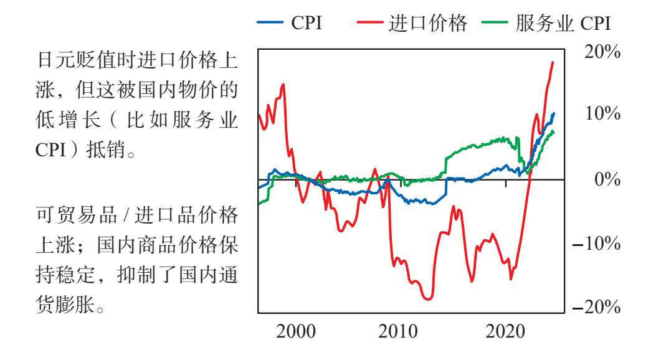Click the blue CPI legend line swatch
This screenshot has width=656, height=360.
click(270, 22)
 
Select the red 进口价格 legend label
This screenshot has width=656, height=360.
click(427, 22)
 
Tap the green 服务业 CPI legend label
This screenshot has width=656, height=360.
click(563, 23)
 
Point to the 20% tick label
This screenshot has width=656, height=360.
click(602, 52)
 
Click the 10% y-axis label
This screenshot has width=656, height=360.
click(602, 113)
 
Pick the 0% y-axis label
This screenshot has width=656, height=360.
click(607, 179)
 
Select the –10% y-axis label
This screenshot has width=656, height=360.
click(597, 244)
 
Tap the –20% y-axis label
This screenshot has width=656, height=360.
click(597, 307)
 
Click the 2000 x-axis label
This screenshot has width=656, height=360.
click(296, 331)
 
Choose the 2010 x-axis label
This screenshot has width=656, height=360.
click(398, 331)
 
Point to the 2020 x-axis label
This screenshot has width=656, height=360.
click(505, 331)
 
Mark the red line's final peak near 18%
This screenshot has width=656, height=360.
click(553, 62)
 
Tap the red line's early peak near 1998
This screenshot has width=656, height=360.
click(283, 85)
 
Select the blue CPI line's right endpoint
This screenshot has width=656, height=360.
click(554, 113)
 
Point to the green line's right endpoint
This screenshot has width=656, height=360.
click(553, 132)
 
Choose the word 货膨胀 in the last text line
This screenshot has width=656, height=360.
click(65, 305)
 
